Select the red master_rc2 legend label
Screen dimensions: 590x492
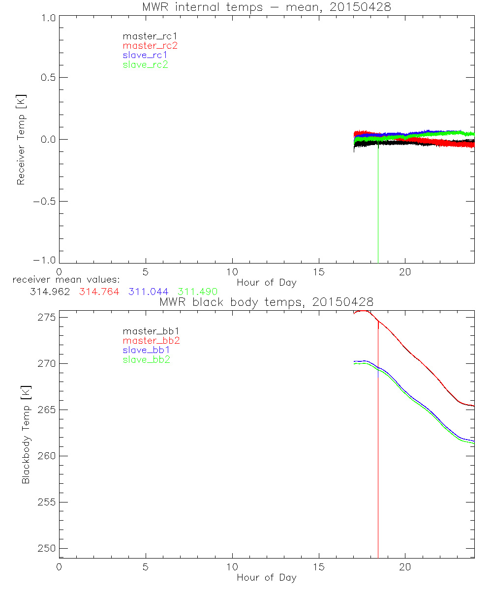click(x=150, y=46)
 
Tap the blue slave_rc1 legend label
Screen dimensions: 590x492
click(x=145, y=55)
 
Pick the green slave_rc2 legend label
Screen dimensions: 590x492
click(x=145, y=64)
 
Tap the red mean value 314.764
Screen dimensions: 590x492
click(x=99, y=292)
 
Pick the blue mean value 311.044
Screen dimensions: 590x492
click(x=148, y=292)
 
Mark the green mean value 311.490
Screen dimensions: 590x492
click(x=197, y=292)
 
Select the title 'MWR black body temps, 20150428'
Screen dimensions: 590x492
click(x=266, y=301)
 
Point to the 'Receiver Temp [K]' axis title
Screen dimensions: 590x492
click(x=21, y=139)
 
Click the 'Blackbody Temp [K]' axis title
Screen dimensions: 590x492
click(x=26, y=434)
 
